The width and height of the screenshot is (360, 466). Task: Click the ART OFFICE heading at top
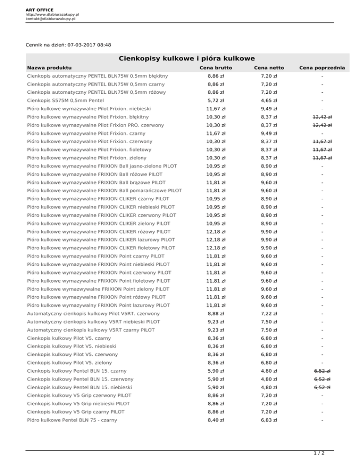[39, 9]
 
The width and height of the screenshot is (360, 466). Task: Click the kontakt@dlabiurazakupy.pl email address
[51, 19]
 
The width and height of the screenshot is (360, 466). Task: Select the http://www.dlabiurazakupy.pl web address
[52, 15]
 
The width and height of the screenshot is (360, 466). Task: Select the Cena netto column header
[269, 68]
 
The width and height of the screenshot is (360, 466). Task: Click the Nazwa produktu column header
[49, 68]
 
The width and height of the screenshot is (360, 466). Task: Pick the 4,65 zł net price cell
[269, 100]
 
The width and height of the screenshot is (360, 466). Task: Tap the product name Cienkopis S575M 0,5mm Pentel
[65, 100]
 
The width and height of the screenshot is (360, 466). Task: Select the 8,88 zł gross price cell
[216, 313]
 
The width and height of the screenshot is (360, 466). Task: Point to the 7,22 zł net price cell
[269, 313]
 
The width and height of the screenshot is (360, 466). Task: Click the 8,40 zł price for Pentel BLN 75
[216, 421]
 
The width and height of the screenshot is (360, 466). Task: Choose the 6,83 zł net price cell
[269, 421]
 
